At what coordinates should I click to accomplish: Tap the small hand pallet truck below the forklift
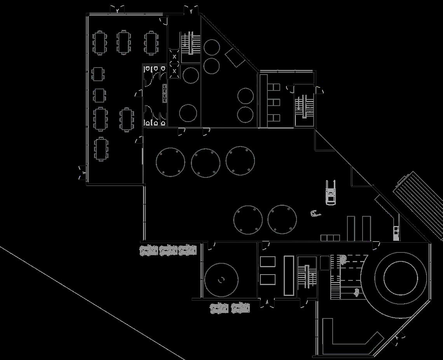(x=316, y=213)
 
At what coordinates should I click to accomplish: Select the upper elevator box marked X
(x=174, y=57)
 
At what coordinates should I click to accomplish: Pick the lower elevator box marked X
(x=174, y=71)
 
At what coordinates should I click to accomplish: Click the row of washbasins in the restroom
(x=165, y=93)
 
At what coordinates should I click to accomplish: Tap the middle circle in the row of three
(x=206, y=162)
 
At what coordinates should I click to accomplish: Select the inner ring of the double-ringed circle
(x=401, y=278)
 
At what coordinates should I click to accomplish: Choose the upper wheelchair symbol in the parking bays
(x=343, y=258)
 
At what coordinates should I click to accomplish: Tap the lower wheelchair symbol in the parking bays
(x=356, y=292)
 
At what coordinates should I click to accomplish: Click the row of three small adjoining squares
(x=330, y=238)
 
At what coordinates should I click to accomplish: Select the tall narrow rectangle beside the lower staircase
(x=289, y=275)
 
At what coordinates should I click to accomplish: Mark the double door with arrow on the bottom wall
(x=267, y=303)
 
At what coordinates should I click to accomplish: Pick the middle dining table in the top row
(x=124, y=42)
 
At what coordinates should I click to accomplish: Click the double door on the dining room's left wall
(x=82, y=172)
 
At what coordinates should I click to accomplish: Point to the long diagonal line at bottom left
(x=93, y=303)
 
